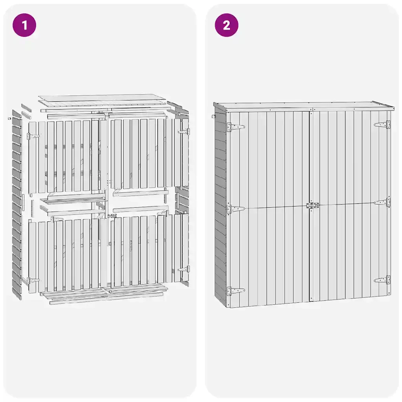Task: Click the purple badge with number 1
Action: tap(24, 25)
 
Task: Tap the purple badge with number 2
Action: tap(227, 25)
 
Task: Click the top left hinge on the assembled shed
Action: tap(236, 127)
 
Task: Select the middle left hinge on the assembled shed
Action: tap(236, 209)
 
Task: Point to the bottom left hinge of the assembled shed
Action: tap(236, 291)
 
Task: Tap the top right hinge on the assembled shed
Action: tap(382, 124)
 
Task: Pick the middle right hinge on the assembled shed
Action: tap(382, 202)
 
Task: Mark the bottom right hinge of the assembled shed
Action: tap(382, 280)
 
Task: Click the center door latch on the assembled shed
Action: tap(312, 206)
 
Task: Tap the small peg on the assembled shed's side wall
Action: tap(213, 116)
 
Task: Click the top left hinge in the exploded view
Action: tap(34, 135)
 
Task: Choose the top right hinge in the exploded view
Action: tap(184, 132)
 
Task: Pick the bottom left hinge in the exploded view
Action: tap(34, 280)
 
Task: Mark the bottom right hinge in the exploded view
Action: tap(184, 269)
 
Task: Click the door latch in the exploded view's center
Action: tap(112, 216)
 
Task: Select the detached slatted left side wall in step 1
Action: tap(16, 205)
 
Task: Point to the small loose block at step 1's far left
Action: tap(9, 119)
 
